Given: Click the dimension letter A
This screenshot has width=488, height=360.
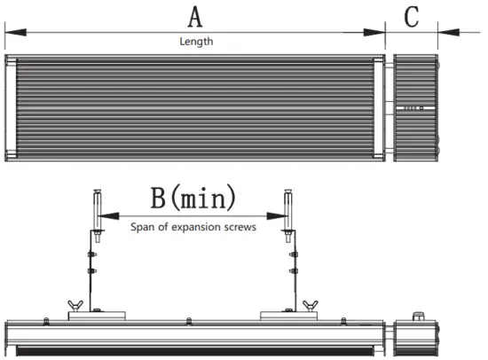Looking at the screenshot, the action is point(195,17).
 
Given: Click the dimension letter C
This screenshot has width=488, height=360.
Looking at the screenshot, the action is point(411,17).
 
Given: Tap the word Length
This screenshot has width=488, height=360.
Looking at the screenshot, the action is point(196,42).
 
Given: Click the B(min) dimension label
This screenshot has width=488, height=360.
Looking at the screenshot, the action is point(193,197).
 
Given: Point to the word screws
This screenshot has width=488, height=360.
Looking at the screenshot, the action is point(240,227).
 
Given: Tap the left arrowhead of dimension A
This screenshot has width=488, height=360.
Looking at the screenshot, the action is point(16,32).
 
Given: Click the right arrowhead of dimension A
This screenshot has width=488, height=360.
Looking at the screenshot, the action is point(374,32).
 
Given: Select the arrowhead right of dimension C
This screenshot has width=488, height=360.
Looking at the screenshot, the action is point(448,32).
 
